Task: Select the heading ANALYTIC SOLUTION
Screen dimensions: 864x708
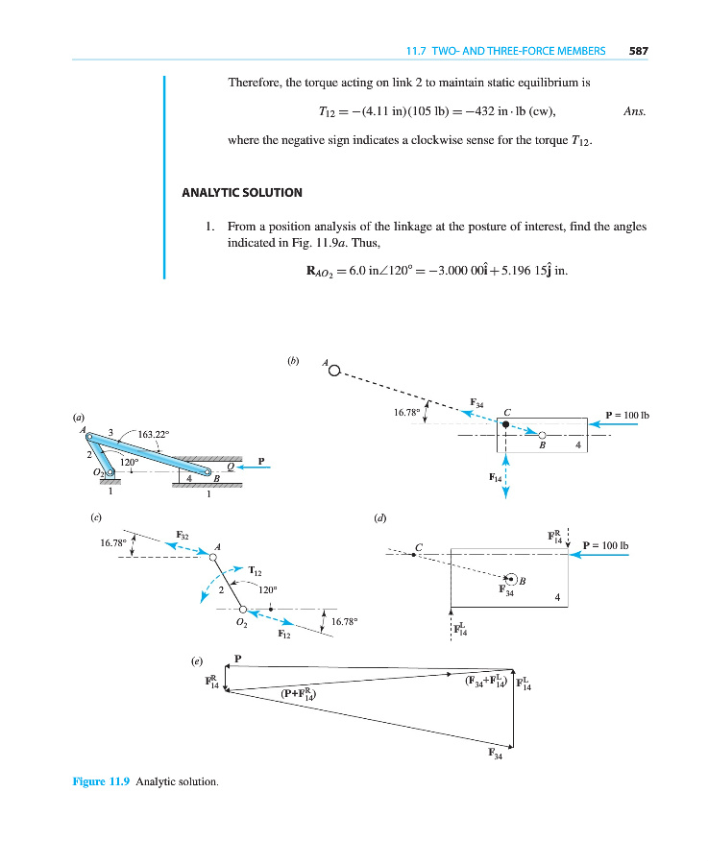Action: [x=242, y=193]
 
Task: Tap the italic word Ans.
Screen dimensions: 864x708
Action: [x=633, y=111]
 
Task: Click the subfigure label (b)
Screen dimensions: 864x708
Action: [x=294, y=361]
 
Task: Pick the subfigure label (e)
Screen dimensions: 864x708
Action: [x=196, y=661]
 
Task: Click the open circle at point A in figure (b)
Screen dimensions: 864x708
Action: [x=333, y=373]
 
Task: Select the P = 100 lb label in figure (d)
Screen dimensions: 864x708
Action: [x=605, y=545]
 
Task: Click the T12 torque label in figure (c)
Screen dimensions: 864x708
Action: [x=256, y=570]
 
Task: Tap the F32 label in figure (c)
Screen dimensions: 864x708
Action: [x=183, y=535]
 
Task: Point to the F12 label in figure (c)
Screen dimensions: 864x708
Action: [x=285, y=635]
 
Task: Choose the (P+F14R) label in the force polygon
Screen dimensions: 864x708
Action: [x=299, y=693]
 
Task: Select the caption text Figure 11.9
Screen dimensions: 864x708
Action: [x=102, y=781]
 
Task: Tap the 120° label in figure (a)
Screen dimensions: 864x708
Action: [x=129, y=462]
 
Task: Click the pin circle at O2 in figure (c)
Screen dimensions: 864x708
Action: [x=243, y=609]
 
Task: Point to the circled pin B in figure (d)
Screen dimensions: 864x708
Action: [x=512, y=578]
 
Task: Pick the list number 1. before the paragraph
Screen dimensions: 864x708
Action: [x=208, y=227]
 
